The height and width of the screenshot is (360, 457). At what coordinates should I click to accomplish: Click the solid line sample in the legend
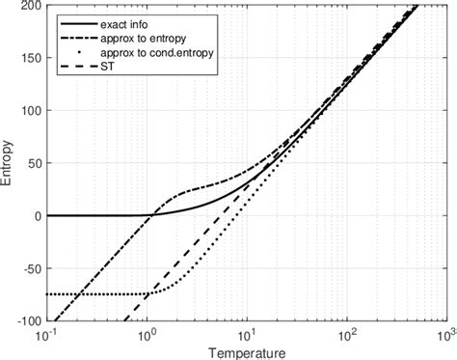point(73,20)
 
